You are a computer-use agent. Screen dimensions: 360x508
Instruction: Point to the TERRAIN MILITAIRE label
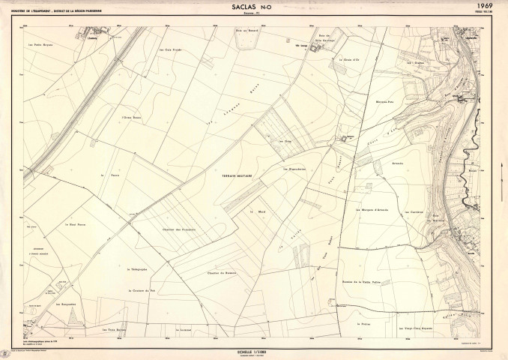[237, 175]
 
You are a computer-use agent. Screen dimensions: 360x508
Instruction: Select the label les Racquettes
[65, 306]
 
